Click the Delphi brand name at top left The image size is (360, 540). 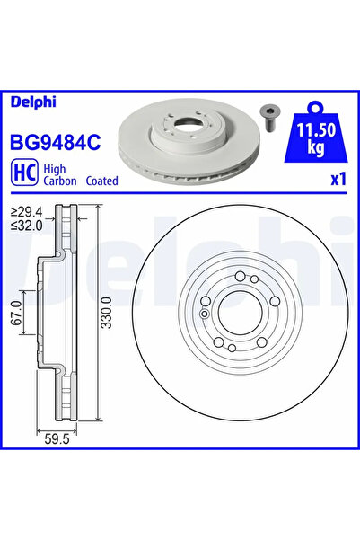33,102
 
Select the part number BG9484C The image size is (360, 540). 56,142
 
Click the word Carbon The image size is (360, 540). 60,181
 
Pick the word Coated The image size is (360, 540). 101,181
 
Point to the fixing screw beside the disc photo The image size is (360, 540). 270,117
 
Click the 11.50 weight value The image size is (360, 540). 316,130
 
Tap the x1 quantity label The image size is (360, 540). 338,180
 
